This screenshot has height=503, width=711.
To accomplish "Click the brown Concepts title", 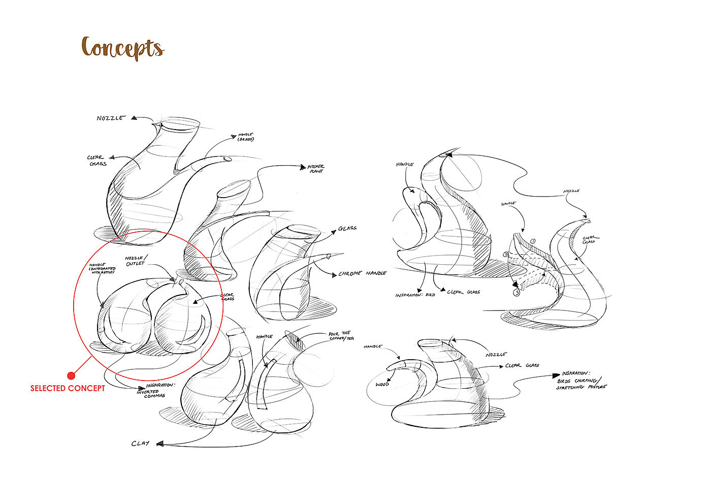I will tap(123, 48).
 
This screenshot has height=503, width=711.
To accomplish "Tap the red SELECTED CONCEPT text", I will tap(68, 388).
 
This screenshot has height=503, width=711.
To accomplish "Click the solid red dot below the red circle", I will tap(71, 375).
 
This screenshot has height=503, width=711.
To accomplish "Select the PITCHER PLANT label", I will tap(315, 169).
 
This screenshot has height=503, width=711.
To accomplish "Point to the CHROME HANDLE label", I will tap(362, 274).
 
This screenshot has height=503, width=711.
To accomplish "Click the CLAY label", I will tap(140, 444).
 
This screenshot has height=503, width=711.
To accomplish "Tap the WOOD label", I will tap(382, 384).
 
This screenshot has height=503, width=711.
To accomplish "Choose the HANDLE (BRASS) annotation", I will tap(246, 137).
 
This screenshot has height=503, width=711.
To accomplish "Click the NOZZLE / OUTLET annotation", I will tap(135, 261).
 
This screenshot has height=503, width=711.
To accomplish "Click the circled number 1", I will tap(533, 241).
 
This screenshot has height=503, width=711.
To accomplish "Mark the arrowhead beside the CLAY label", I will tap(159, 444).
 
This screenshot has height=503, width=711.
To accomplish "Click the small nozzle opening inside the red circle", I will tap(180, 280).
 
